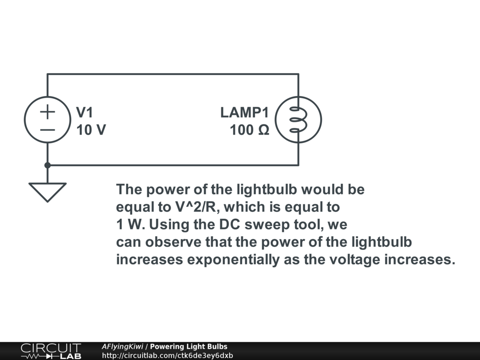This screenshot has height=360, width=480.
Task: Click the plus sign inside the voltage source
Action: pos(47,112)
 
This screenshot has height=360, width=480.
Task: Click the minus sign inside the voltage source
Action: pos(47,129)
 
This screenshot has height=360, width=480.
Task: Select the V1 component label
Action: pos(85,112)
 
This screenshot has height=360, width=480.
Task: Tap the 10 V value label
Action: pos(91,130)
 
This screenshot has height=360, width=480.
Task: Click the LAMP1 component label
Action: pos(245,112)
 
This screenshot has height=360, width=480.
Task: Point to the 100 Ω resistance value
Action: pos(249,130)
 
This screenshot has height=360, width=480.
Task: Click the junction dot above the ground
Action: pos(47,165)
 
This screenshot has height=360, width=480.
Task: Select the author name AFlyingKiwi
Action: pos(123,347)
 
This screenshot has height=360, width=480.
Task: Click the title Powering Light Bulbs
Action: pos(188,347)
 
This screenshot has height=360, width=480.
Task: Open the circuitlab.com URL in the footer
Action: pos(167,355)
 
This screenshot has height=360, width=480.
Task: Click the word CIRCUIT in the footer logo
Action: pos(51,348)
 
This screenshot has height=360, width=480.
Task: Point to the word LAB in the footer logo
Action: pos(70,356)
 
